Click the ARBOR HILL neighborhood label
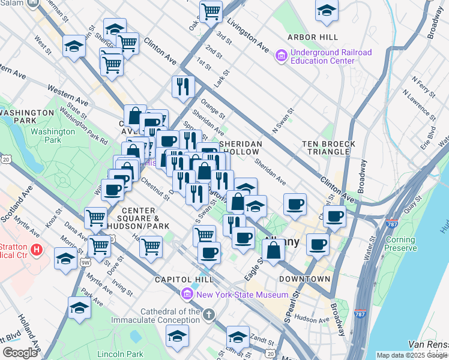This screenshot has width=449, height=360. tap(309, 37)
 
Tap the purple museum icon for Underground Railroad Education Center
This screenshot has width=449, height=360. tap(280, 56)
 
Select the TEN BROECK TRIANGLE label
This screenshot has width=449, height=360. tap(329, 148)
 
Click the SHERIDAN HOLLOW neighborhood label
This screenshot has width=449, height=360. tap(241, 148)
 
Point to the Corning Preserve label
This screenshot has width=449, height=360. tap(400, 244)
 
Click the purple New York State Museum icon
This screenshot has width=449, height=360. tap(187, 295)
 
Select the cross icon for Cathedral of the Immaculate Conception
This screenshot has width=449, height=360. tap(208, 315)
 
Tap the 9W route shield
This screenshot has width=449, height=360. tap(86, 262)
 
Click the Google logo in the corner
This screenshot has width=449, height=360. tap(20, 353)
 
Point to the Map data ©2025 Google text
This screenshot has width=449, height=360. tap(412, 355)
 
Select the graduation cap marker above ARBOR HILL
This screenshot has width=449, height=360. tap(327, 11)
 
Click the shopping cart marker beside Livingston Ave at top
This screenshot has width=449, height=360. tap(211, 10)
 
